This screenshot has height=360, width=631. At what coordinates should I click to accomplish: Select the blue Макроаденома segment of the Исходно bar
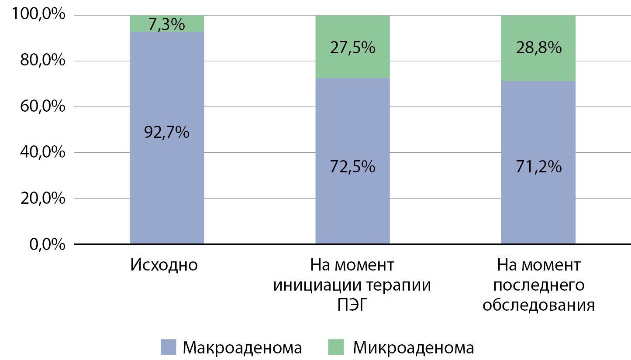(x=167, y=175)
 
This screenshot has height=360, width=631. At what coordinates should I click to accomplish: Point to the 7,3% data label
(x=167, y=24)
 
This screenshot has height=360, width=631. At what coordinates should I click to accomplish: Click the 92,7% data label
(x=167, y=132)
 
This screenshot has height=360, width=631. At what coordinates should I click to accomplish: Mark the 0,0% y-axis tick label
(x=48, y=244)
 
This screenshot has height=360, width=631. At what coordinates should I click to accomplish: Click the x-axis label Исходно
(x=164, y=265)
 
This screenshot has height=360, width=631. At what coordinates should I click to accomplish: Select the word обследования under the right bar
(x=538, y=305)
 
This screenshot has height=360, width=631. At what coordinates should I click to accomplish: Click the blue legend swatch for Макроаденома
(x=168, y=348)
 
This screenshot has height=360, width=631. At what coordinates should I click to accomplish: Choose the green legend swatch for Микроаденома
(x=335, y=348)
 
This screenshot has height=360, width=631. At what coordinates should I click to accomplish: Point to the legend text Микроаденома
(x=413, y=348)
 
